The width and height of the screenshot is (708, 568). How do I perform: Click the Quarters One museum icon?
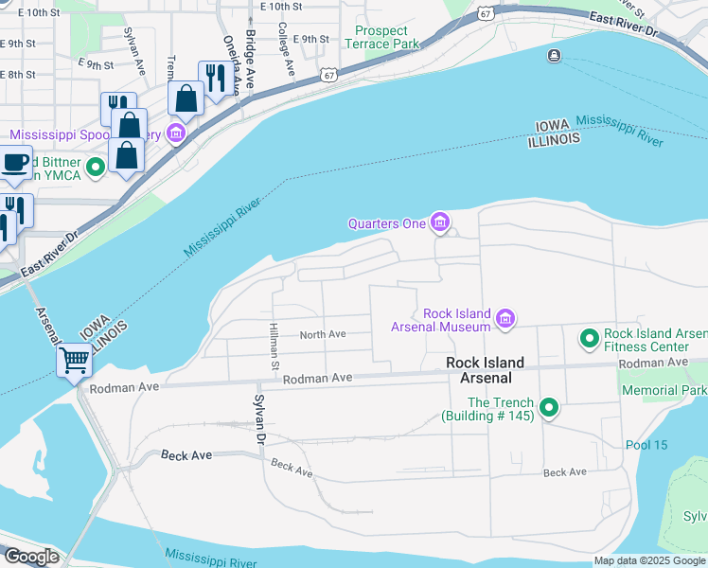pos(439,223)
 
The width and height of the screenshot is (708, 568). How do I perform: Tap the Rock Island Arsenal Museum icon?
pos(504,320)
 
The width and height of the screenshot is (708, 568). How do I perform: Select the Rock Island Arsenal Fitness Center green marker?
pos(589,338)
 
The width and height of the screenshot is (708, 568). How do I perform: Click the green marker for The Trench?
pos(548,409)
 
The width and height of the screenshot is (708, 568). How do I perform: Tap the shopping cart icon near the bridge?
pos(74,359)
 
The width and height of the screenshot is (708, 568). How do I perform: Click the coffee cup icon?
pos(15,162)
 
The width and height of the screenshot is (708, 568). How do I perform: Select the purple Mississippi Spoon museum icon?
pos(175,133)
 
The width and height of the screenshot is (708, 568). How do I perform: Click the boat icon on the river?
pos(553,56)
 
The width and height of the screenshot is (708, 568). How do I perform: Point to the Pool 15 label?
pos(646,445)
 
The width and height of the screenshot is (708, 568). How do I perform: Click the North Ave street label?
pos(323,334)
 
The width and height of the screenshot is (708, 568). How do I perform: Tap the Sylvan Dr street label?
pos(257,417)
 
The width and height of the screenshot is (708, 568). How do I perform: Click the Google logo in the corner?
pos(31,557)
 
